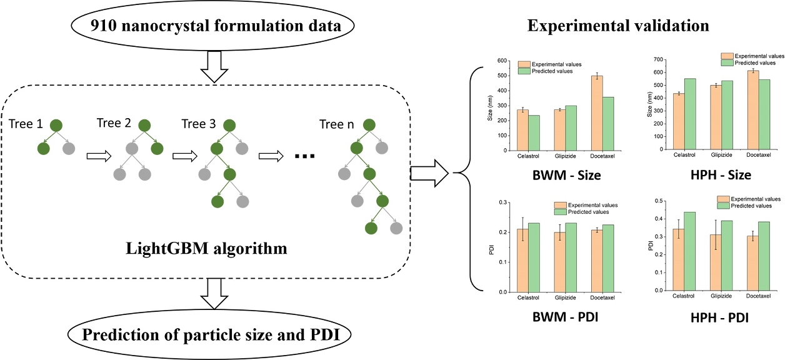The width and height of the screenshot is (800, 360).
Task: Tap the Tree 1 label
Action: point(27,124)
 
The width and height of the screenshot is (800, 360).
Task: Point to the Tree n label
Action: point(332,124)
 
